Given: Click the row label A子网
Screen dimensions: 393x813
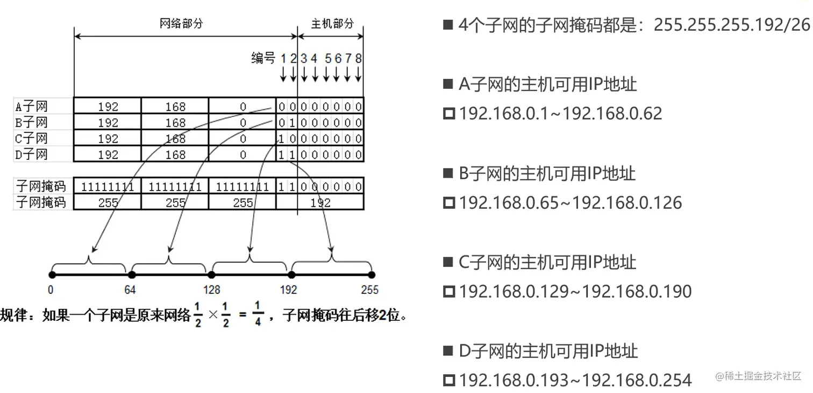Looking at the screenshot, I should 31,106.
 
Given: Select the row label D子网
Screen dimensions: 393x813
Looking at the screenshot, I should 31,155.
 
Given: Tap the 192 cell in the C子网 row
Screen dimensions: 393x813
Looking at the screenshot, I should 108,138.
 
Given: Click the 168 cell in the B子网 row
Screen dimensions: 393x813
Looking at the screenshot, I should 175,122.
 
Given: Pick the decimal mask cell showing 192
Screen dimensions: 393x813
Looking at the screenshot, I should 320,202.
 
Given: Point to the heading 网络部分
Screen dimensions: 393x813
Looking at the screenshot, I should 181,24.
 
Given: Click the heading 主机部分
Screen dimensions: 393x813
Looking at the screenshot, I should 332,24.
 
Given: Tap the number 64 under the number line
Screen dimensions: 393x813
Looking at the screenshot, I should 130,290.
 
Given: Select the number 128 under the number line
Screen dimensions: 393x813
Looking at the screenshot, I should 212,290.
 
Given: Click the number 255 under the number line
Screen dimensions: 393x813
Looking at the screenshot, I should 369,290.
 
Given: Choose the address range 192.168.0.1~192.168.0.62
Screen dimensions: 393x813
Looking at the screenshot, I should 560,114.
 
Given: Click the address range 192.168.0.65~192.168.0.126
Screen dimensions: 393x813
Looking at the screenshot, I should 570,203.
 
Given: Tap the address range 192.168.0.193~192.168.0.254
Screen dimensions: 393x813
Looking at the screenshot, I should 575,381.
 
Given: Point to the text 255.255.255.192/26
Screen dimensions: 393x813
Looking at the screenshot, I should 731,25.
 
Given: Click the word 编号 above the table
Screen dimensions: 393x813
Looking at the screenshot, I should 263,58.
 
